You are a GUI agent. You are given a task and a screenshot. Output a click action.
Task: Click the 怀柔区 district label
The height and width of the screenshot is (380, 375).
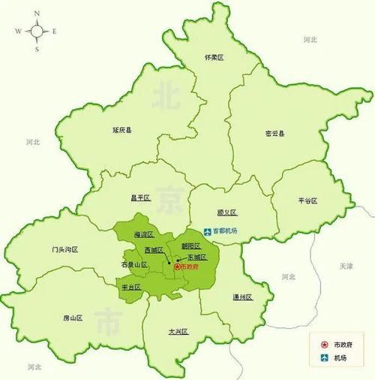[215, 58]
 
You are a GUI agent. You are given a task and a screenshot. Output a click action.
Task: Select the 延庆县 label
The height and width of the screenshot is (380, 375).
[121, 130]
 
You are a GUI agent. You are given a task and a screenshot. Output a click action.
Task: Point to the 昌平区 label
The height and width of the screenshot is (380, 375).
[140, 198]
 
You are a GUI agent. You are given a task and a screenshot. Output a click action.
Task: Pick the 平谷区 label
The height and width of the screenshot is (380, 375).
[307, 201]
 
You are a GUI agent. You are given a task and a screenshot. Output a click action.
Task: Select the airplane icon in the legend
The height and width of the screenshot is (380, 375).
[325, 359]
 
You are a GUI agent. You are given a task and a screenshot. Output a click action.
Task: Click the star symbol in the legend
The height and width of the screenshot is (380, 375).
[325, 344]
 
